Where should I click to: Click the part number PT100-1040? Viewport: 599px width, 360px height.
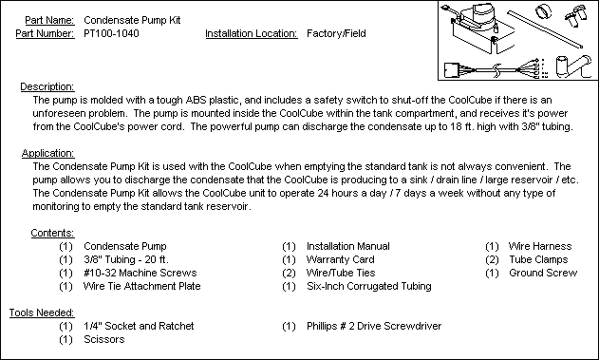(111, 33)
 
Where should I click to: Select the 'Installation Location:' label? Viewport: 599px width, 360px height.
(252, 33)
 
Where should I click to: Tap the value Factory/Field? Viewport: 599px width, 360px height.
(336, 33)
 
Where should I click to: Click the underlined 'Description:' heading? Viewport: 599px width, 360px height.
(47, 86)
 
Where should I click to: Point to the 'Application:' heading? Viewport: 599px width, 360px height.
(47, 153)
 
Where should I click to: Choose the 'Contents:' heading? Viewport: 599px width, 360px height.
(52, 233)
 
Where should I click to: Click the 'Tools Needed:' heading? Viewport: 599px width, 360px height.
(42, 313)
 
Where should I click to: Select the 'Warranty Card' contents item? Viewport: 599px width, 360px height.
(341, 260)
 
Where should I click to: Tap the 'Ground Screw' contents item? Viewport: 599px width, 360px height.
(543, 273)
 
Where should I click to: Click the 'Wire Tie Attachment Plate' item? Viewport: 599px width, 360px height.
(141, 286)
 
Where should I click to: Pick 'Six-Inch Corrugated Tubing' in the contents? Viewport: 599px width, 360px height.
(369, 286)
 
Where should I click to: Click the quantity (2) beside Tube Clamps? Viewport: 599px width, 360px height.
(492, 260)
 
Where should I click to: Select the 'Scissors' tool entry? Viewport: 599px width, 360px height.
(103, 339)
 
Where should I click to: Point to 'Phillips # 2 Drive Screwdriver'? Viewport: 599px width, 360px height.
(374, 326)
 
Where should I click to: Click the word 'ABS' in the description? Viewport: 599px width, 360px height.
(196, 100)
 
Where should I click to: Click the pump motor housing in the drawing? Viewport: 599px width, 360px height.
(478, 16)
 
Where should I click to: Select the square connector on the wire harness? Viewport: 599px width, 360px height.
(454, 70)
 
